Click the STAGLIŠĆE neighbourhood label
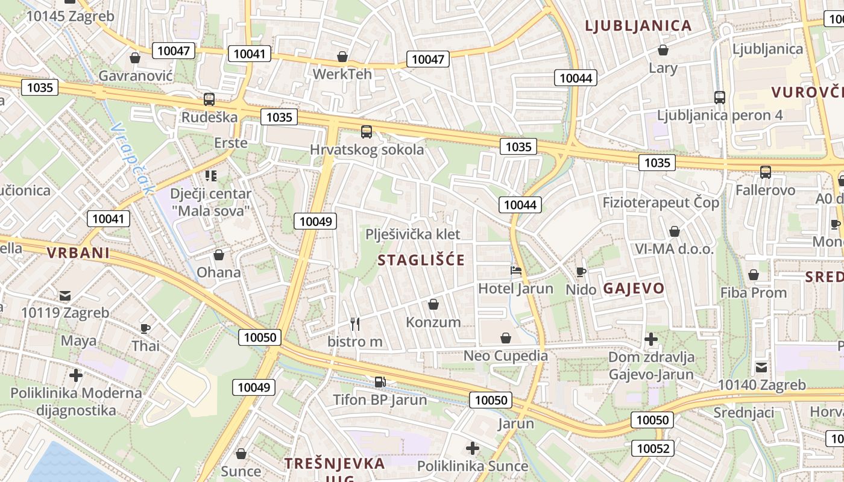[421, 260]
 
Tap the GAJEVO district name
[634, 288]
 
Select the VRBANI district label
[78, 253]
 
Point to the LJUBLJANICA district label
[638, 26]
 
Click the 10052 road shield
[653, 448]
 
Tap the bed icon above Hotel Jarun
[516, 271]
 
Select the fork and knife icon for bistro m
[355, 324]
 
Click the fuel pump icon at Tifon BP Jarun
[380, 381]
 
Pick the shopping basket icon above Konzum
[433, 304]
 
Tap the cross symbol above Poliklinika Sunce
[473, 448]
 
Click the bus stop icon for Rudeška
[209, 99]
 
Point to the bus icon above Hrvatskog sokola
[367, 132]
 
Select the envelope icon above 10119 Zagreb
[65, 296]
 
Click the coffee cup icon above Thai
[145, 328]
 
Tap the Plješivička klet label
[413, 234]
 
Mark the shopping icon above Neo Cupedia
[505, 338]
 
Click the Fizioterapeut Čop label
[661, 202]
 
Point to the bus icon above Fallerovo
[766, 172]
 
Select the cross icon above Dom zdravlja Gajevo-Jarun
[651, 339]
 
